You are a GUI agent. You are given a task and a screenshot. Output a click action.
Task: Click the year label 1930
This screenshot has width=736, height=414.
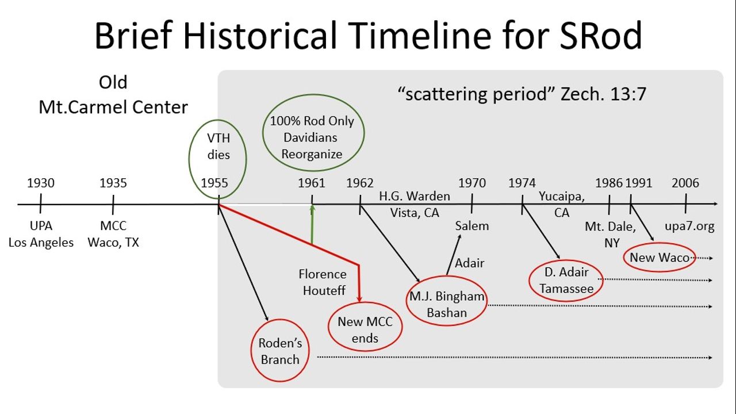pyautogui.click(x=41, y=183)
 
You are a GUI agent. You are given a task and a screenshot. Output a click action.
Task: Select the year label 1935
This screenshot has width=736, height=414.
pyautogui.click(x=113, y=183)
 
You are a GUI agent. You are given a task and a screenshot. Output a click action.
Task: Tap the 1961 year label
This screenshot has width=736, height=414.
pyautogui.click(x=312, y=183)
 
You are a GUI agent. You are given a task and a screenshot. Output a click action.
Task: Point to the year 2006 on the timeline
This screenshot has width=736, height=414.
pyautogui.click(x=685, y=183)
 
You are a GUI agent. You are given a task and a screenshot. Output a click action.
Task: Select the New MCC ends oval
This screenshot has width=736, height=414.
pyautogui.click(x=328, y=327)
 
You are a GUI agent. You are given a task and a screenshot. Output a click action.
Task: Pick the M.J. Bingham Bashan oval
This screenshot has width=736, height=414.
pyautogui.click(x=407, y=301)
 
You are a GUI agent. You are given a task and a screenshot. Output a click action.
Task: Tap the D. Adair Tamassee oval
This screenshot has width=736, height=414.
pyautogui.click(x=530, y=281)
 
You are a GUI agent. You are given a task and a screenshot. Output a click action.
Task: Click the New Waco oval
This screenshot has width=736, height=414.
pyautogui.click(x=624, y=257)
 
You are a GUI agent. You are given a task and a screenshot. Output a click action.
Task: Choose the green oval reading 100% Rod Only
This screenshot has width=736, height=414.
pyautogui.click(x=263, y=133)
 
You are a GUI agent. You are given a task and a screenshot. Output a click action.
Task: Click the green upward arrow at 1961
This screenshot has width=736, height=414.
pyautogui.click(x=312, y=224)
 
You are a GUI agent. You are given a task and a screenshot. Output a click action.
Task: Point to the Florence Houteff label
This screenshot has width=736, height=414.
pyautogui.click(x=323, y=282)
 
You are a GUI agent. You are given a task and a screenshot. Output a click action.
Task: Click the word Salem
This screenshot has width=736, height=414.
pyautogui.click(x=472, y=226)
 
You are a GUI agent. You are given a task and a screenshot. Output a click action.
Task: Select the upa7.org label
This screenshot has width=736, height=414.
pyautogui.click(x=689, y=227)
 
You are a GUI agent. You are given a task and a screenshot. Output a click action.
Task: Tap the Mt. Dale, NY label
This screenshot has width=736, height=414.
pyautogui.click(x=611, y=235)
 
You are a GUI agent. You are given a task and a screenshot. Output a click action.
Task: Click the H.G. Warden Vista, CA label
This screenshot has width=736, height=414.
pyautogui.click(x=415, y=204)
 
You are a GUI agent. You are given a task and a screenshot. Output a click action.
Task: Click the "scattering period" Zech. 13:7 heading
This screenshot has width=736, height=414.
pyautogui.click(x=522, y=94)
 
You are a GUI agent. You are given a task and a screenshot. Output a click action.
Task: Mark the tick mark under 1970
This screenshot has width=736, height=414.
pyautogui.click(x=472, y=204)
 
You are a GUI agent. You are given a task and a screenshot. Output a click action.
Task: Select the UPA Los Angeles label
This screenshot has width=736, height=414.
pyautogui.click(x=41, y=234)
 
